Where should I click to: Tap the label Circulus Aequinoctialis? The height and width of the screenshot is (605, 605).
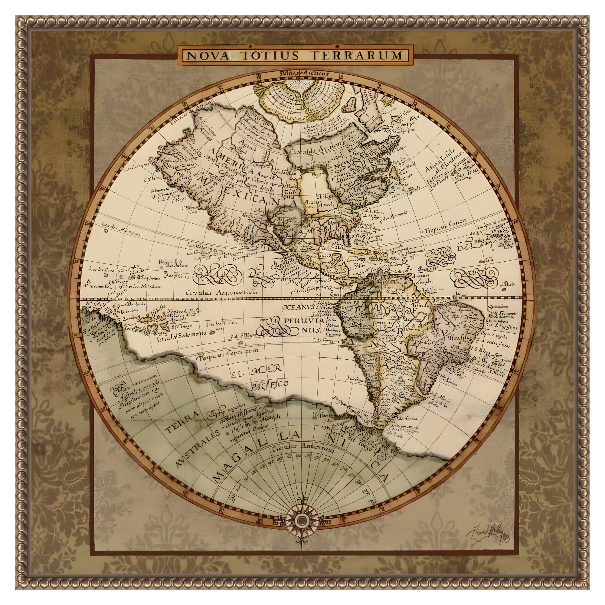point(222,293)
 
